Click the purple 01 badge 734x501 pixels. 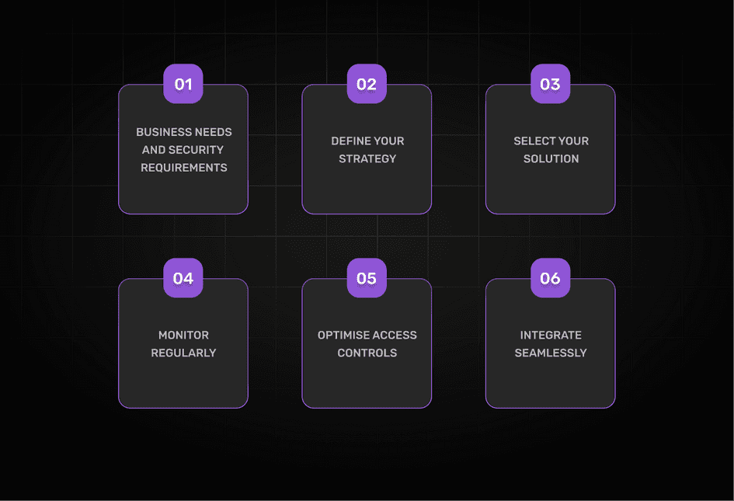183,84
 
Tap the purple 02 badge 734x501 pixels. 367,84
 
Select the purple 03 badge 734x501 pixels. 550,84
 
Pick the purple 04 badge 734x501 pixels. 183,278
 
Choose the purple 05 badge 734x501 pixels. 367,278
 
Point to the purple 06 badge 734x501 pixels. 550,278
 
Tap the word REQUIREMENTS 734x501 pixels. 184,168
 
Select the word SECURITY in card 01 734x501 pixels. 196,150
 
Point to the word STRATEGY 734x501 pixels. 367,159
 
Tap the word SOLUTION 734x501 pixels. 551,159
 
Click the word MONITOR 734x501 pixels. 184,336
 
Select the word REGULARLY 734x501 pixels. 184,353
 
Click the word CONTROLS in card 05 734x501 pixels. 367,353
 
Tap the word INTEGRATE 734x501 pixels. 551,336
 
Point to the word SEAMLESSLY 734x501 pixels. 551,353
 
